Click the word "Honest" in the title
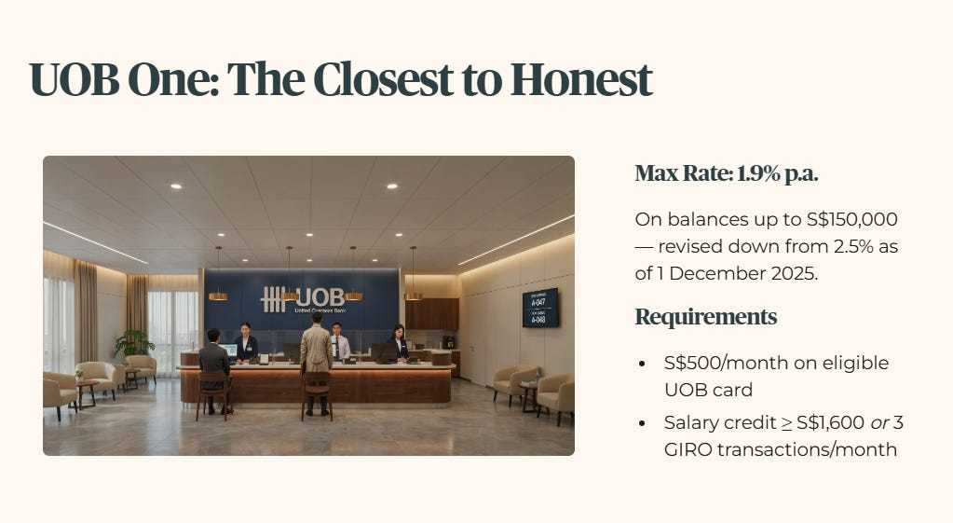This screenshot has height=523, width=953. pos(581,79)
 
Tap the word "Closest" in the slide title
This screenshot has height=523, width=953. pos(383,79)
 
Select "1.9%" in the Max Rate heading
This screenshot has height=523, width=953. pos(758,174)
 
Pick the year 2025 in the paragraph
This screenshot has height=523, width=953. pos(794,274)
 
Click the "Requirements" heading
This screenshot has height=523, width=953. pos(705,317)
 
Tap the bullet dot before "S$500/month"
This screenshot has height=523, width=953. pos(643,364)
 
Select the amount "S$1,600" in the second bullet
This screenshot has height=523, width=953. pos(830,422)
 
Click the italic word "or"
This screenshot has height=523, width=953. pos(879,423)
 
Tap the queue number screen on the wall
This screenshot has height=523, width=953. pos(539,308)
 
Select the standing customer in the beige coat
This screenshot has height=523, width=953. pos(317,363)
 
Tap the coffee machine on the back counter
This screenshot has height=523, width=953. pos(448,342)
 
